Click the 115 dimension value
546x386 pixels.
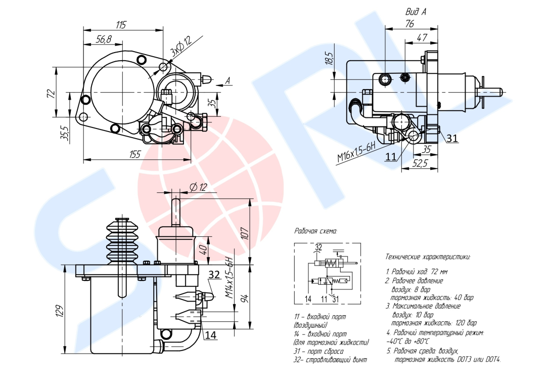coord(120,25)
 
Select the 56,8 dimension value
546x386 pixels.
coord(104,39)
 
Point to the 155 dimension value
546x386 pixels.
coord(134,154)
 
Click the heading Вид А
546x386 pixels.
coord(416,11)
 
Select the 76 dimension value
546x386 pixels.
coord(410,24)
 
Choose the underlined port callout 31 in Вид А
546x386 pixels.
coord(452,138)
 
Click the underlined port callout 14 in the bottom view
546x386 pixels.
coord(210,334)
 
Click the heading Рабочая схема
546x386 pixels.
coord(316,231)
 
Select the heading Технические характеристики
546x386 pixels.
coord(428,256)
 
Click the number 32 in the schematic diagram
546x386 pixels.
coord(318,247)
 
